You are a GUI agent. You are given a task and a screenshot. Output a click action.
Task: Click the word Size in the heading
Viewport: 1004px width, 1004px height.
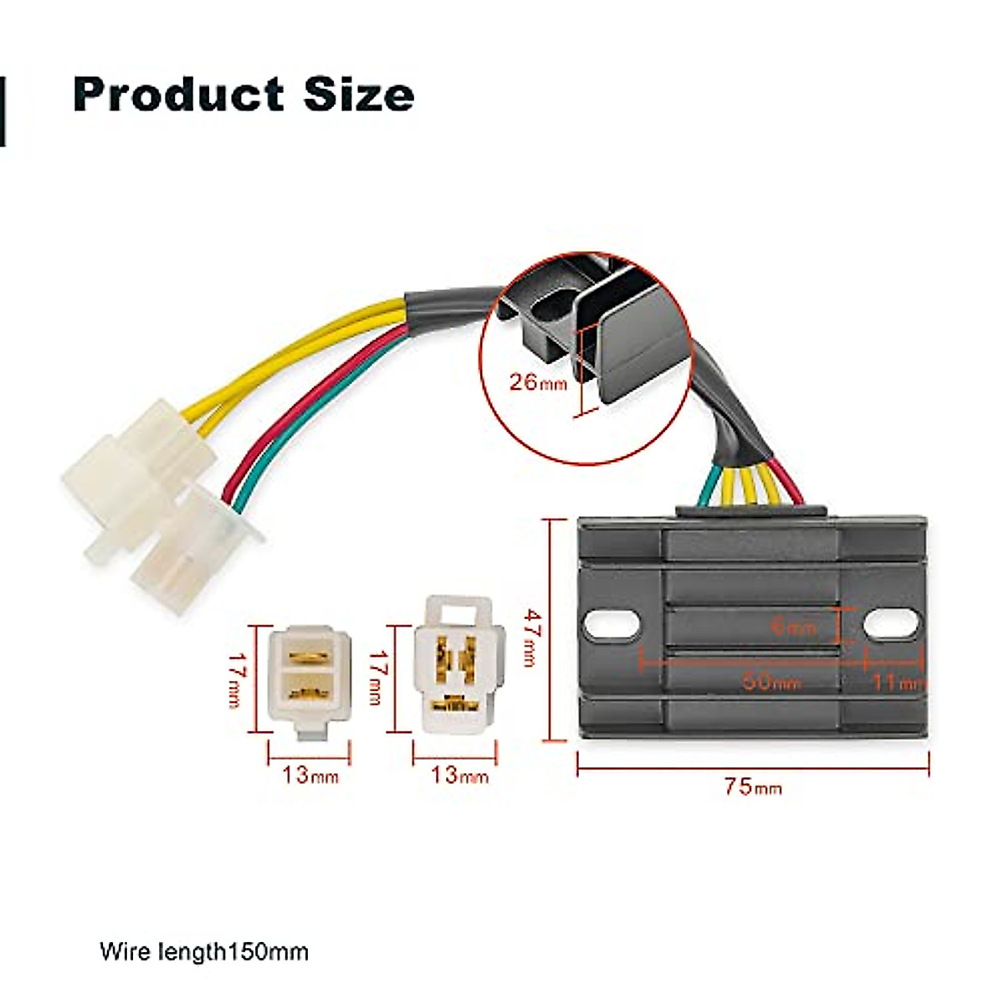pyautogui.click(x=359, y=94)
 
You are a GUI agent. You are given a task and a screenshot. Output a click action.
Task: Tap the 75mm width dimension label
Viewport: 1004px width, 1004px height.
pyautogui.click(x=753, y=787)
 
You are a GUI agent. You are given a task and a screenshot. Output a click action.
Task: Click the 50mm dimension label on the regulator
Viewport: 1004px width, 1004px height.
pyautogui.click(x=771, y=681)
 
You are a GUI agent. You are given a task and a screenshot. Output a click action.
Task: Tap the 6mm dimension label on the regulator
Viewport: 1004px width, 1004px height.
pyautogui.click(x=791, y=625)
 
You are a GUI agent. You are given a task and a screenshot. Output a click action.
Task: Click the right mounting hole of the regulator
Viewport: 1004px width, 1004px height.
pyautogui.click(x=891, y=624)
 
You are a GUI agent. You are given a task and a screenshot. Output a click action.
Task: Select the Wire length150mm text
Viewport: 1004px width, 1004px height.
pyautogui.click(x=204, y=951)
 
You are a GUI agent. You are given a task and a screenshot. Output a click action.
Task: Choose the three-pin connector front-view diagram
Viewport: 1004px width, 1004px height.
pyautogui.click(x=456, y=665)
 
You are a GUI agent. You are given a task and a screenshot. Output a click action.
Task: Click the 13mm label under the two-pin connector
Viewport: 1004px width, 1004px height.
pyautogui.click(x=310, y=775)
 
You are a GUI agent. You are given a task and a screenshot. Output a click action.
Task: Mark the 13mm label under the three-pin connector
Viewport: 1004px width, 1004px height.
pyautogui.click(x=458, y=775)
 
